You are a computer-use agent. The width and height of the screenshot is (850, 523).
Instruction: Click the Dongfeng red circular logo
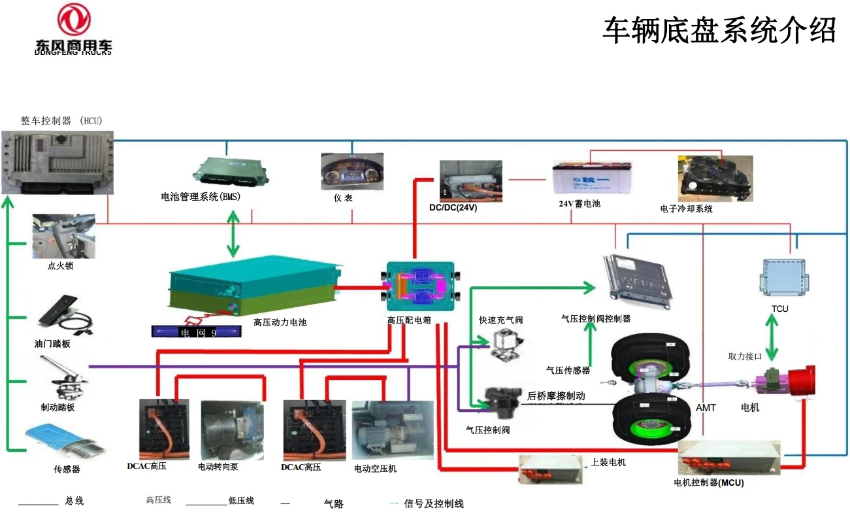[74, 20]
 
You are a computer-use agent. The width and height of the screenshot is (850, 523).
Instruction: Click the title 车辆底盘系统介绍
[719, 31]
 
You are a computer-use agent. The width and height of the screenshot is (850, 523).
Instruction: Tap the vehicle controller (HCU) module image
[57, 161]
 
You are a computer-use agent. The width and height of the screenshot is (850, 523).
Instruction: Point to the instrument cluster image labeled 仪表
[351, 172]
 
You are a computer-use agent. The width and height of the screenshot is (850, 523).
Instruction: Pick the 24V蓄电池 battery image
[592, 178]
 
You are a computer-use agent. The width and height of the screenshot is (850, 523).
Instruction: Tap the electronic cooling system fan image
[715, 178]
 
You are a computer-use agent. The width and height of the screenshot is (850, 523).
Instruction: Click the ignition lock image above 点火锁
[63, 236]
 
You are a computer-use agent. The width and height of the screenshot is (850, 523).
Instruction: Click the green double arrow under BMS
[233, 233]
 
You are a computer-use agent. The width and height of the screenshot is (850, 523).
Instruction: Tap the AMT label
[706, 407]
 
